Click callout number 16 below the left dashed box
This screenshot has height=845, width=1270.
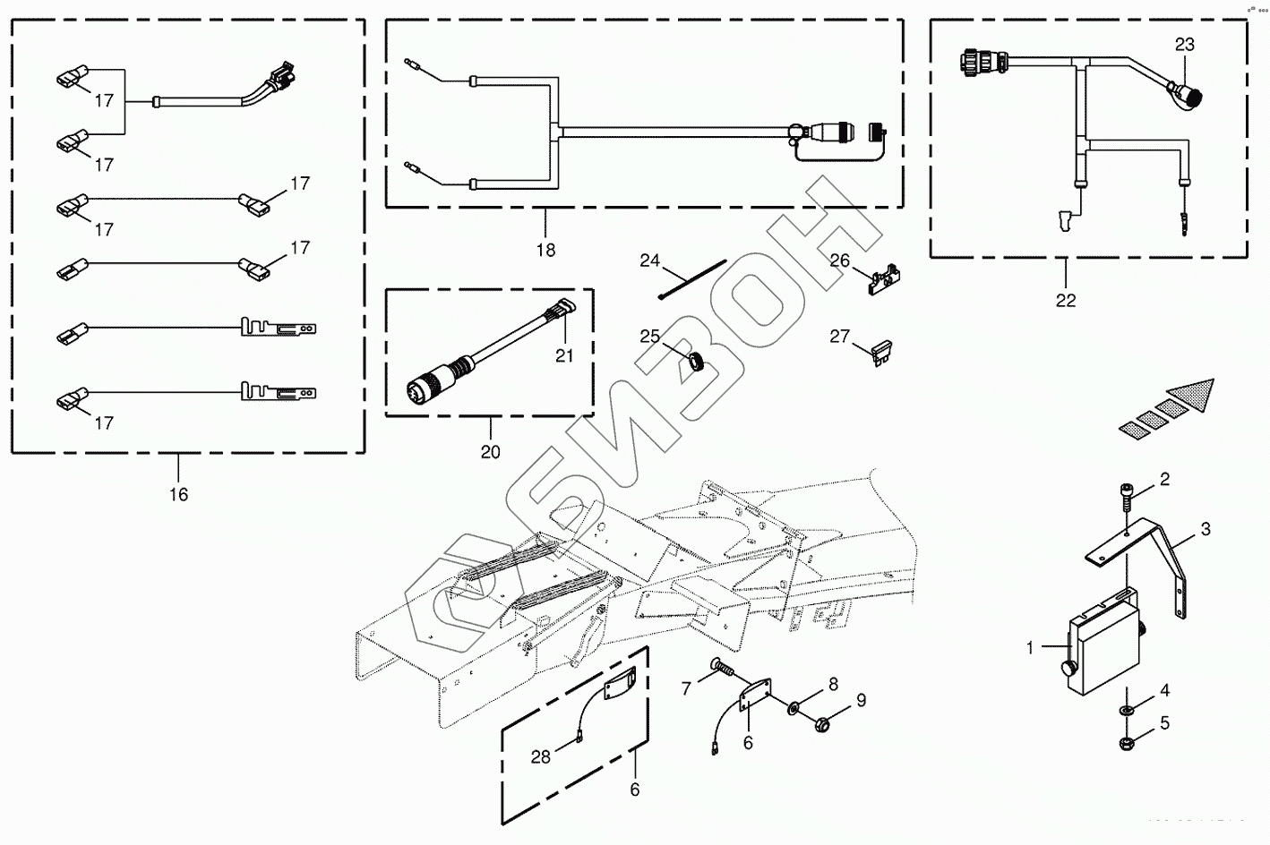pyautogui.click(x=179, y=494)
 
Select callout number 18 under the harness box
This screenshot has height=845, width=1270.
pyautogui.click(x=545, y=251)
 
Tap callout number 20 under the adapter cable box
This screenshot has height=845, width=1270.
pyautogui.click(x=490, y=452)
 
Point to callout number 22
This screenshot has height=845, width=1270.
pyautogui.click(x=1066, y=301)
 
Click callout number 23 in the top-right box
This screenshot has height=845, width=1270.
pyautogui.click(x=1185, y=45)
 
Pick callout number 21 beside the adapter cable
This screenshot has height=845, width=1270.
pyautogui.click(x=563, y=355)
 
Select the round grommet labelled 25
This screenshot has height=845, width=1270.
pyautogui.click(x=694, y=362)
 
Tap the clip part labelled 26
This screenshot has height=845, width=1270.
pyautogui.click(x=881, y=280)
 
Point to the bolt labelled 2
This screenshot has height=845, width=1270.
pyautogui.click(x=1127, y=495)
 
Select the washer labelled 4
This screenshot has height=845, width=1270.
pyautogui.click(x=1127, y=711)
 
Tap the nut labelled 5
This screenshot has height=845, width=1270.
pyautogui.click(x=1127, y=742)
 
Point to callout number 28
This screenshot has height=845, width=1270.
pyautogui.click(x=540, y=757)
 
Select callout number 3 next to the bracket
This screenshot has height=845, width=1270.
pyautogui.click(x=1206, y=529)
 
